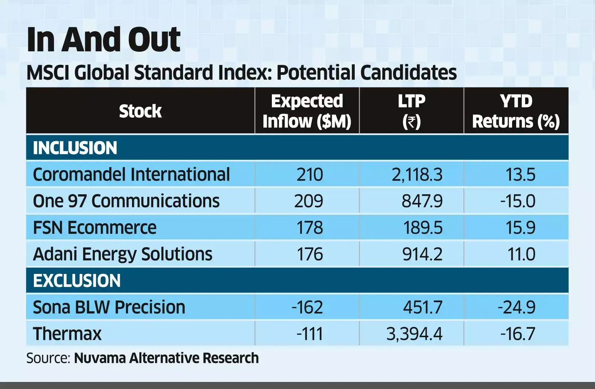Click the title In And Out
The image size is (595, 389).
coord(103,40)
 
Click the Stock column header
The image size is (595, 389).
coord(140,111)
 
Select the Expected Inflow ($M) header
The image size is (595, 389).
coord(307,111)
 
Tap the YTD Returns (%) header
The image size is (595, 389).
coord(516,111)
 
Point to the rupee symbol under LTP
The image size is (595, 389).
coord(411,122)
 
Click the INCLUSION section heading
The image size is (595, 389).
coord(75,148)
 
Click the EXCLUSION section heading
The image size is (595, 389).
coord(77,281)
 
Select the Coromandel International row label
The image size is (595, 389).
coord(131,174)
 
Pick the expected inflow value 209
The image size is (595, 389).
coord(308,201)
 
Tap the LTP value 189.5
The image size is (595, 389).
coord(422,227)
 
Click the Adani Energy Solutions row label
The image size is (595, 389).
coord(122,254)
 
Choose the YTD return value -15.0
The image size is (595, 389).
coord(517,201)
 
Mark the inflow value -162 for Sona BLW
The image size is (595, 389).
coord(307,307)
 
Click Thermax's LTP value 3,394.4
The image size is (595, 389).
coord(414,334)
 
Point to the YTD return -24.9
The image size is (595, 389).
coord(517,307)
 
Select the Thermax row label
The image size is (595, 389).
coord(67,334)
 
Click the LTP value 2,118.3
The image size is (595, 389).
coord(417,174)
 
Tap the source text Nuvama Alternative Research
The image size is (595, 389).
coord(166,358)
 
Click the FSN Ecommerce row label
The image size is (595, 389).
coord(94,227)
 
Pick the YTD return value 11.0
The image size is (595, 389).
coord(521,254)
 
